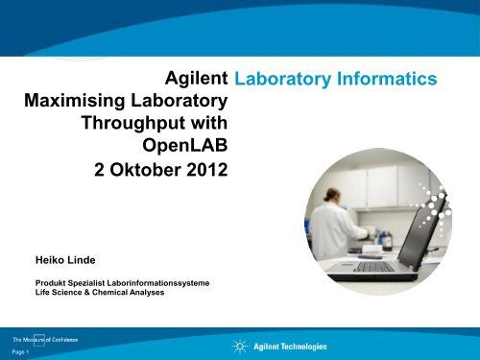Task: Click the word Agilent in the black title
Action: pyautogui.click(x=196, y=77)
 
